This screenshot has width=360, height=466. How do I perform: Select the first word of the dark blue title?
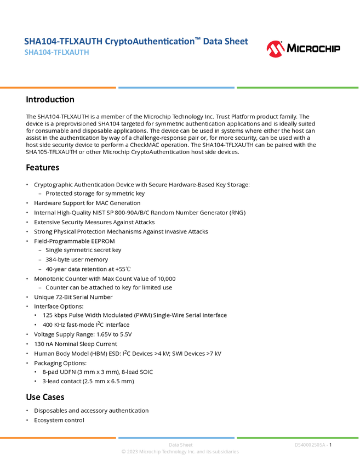click(x=41, y=41)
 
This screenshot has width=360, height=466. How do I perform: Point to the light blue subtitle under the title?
click(x=56, y=53)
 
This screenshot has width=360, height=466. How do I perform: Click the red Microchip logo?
click(x=276, y=49)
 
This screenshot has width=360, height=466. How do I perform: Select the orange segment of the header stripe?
click(x=58, y=88)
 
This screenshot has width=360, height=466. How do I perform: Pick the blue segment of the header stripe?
click(x=176, y=88)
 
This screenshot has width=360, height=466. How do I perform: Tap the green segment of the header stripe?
click(x=298, y=88)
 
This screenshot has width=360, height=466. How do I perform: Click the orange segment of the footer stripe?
click(x=58, y=437)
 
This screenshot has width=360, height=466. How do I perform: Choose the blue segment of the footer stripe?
click(x=176, y=437)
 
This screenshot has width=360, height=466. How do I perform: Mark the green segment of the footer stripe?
click(x=298, y=437)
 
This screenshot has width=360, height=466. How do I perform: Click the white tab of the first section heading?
click(x=13, y=99)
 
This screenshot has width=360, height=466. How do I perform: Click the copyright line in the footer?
click(x=180, y=452)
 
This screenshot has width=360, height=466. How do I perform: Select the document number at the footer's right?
click(x=311, y=445)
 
